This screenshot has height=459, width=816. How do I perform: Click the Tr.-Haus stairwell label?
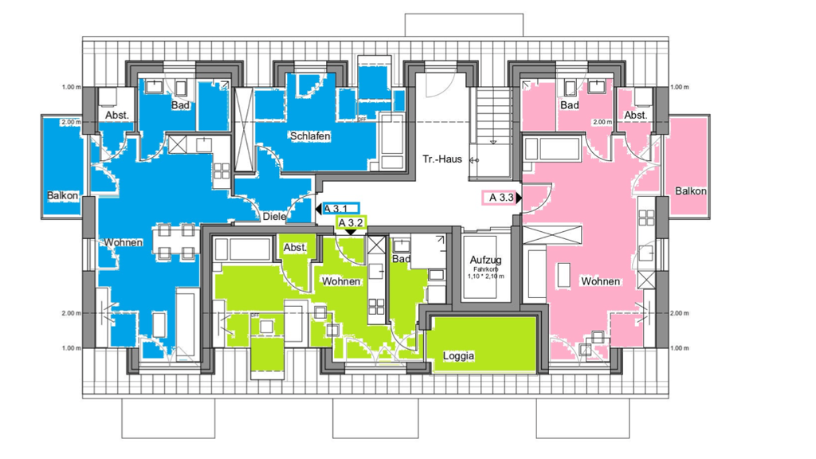click(442, 159)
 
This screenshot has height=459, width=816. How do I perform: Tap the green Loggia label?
click(458, 356)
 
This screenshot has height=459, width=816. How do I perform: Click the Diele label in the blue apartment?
click(274, 216)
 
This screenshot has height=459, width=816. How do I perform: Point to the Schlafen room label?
click(311, 137)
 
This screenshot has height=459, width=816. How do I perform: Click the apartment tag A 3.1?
click(341, 209)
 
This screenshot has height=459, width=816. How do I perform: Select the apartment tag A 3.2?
click(351, 223)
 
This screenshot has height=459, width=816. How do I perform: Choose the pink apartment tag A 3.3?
click(500, 197)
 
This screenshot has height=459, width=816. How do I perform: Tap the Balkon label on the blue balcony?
click(62, 196)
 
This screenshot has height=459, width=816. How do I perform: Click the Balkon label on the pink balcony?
click(691, 191)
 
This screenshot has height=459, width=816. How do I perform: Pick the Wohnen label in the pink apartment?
click(600, 281)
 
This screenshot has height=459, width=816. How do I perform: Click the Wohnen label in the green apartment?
click(341, 281)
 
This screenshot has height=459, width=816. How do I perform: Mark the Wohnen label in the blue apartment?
click(123, 242)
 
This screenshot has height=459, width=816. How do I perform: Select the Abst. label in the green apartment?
click(295, 248)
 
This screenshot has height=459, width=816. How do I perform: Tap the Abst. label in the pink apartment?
click(636, 116)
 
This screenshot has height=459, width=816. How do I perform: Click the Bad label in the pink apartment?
click(569, 105)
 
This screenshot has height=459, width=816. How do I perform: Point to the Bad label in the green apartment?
click(401, 259)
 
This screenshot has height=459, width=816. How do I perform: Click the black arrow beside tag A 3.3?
click(519, 197)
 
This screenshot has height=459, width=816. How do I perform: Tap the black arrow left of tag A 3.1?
click(319, 209)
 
